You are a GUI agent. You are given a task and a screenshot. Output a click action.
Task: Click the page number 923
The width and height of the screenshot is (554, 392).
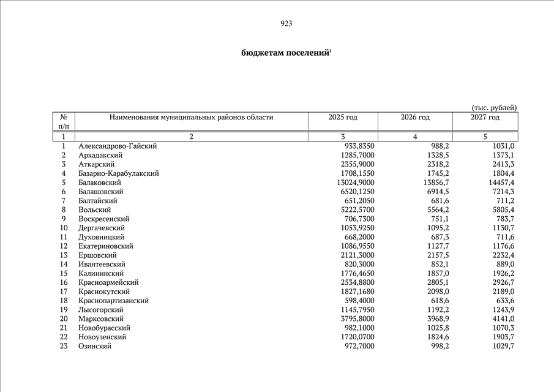pyautogui.click(x=286, y=24)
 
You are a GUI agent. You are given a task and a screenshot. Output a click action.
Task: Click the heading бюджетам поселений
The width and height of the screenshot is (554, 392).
pyautogui.click(x=286, y=53)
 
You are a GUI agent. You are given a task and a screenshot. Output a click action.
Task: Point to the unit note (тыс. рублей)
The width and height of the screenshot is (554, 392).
pyautogui.click(x=494, y=108)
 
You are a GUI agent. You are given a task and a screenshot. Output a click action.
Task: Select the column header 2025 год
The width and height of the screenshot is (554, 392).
pyautogui.click(x=343, y=117)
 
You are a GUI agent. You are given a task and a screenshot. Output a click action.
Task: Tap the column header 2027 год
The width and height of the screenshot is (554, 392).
pyautogui.click(x=485, y=117)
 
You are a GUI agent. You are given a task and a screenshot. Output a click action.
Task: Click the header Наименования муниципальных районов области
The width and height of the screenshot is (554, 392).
pyautogui.click(x=191, y=117)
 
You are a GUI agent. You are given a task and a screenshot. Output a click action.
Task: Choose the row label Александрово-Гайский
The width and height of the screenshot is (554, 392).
pyautogui.click(x=118, y=146)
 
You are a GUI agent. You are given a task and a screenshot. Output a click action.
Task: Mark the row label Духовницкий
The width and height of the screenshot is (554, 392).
pyautogui.click(x=101, y=237)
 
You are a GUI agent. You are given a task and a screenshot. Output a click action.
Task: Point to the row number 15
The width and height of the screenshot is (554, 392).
pyautogui.click(x=64, y=273)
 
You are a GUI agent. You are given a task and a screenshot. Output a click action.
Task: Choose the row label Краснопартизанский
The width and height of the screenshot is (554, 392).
pyautogui.click(x=113, y=301)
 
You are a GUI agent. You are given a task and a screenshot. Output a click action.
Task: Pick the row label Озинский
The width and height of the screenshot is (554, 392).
pyautogui.click(x=95, y=346)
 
